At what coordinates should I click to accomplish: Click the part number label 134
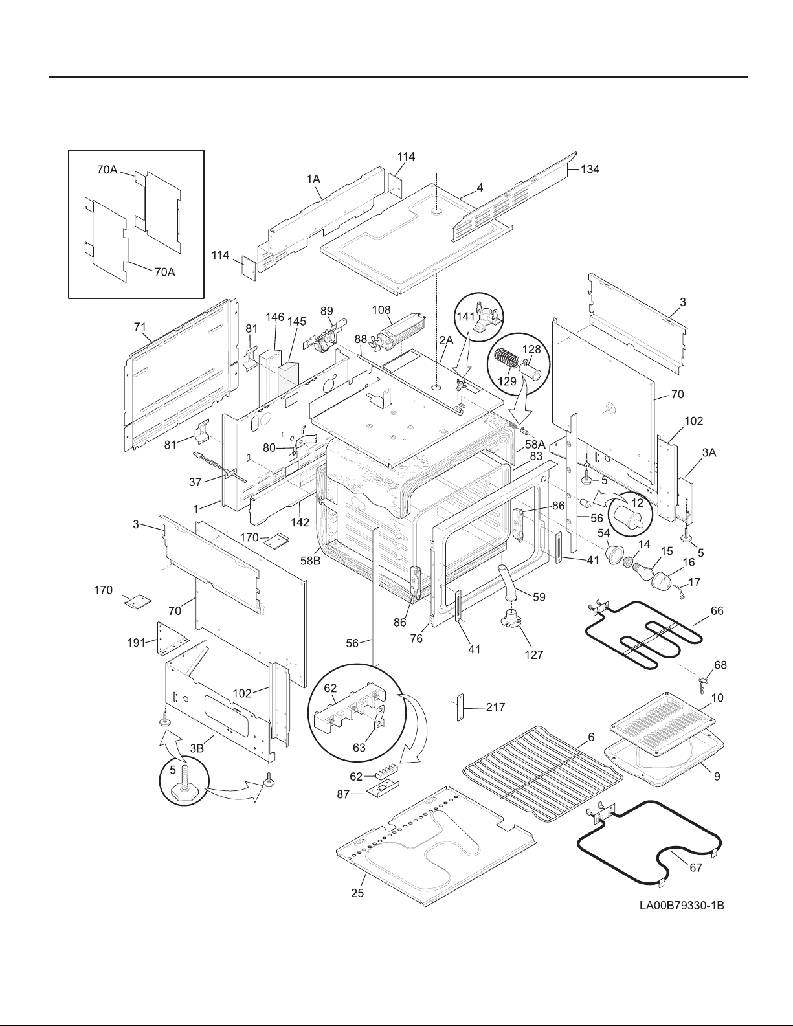click(589, 170)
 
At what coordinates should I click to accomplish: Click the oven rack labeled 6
click(542, 774)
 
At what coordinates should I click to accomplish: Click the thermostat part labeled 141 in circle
click(485, 321)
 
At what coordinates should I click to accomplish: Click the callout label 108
click(382, 310)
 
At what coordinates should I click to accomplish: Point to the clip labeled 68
click(704, 682)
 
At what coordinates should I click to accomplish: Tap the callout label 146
click(275, 317)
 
